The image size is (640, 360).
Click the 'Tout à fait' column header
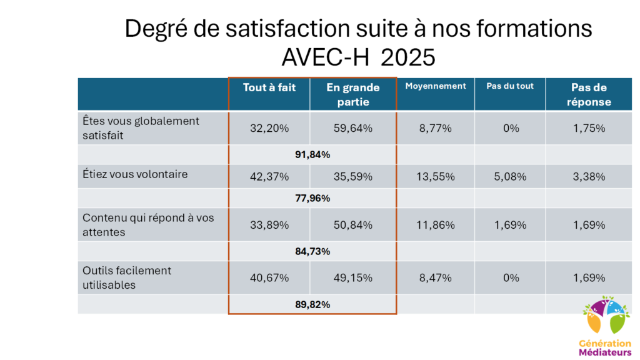pyautogui.click(x=269, y=87)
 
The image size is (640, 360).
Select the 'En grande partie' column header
pyautogui.click(x=353, y=95)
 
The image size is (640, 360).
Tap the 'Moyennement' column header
pyautogui.click(x=436, y=86)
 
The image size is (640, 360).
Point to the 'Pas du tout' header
pyautogui.click(x=510, y=86)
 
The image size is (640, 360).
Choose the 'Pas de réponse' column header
pyautogui.click(x=589, y=95)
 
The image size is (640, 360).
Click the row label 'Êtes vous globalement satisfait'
pyautogui.click(x=141, y=128)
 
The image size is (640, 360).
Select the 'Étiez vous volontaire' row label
pyautogui.click(x=135, y=174)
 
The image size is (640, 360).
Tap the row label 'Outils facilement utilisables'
pyautogui.click(x=127, y=277)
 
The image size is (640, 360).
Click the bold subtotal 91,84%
pyautogui.click(x=312, y=155)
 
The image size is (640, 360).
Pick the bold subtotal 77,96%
pyautogui.click(x=312, y=198)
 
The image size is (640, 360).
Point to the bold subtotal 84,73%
pyautogui.click(x=312, y=251)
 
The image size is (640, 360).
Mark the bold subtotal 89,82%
pyautogui.click(x=312, y=304)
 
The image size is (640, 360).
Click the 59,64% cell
pyautogui.click(x=353, y=128)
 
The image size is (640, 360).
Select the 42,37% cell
pyautogui.click(x=269, y=177)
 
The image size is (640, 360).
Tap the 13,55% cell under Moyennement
pyautogui.click(x=436, y=177)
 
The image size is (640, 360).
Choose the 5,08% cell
pyautogui.click(x=510, y=177)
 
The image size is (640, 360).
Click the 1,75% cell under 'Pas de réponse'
pyautogui.click(x=589, y=128)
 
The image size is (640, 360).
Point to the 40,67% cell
pyautogui.click(x=269, y=278)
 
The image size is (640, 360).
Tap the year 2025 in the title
pyautogui.click(x=408, y=57)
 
